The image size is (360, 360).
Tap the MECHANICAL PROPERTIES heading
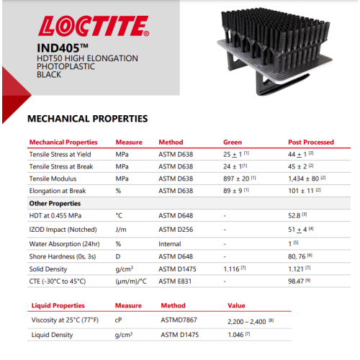point(87,118)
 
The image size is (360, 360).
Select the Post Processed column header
point(310,142)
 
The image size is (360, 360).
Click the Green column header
point(233,142)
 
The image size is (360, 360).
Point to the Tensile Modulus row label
point(58,178)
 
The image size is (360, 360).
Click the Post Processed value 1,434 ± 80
point(305,178)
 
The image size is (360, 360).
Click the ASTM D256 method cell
point(176,230)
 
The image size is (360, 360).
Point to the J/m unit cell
point(121,230)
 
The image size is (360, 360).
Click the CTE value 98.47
point(297,281)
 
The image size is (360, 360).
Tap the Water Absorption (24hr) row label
point(67,243)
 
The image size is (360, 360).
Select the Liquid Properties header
point(58,305)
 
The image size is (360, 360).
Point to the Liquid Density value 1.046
point(237,335)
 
